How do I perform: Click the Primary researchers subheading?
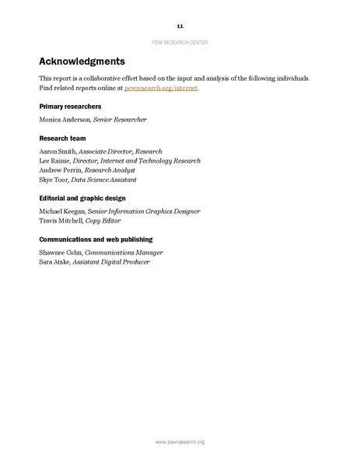pyautogui.click(x=70, y=105)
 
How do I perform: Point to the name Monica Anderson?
pyautogui.click(x=65, y=120)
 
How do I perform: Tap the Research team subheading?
pyautogui.click(x=62, y=138)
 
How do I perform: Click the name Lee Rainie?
pyautogui.click(x=54, y=161)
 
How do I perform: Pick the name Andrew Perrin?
pyautogui.click(x=60, y=170)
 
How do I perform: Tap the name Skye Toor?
pyautogui.click(x=54, y=179)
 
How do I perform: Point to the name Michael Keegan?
pyautogui.click(x=65, y=211)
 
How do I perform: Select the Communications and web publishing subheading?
pyautogui.click(x=96, y=239)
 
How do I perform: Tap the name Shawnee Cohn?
pyautogui.click(x=61, y=253)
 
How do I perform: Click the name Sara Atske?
pyautogui.click(x=55, y=262)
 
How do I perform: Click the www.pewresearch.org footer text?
pyautogui.click(x=180, y=442)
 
